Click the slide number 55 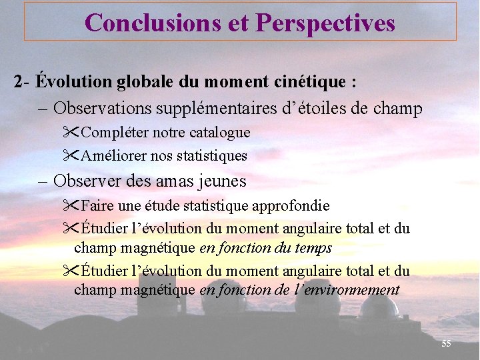point(446,343)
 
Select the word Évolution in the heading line point(74,82)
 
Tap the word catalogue point(221,133)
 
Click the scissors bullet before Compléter point(71,132)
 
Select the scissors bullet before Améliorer point(71,156)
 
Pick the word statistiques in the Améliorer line point(212,157)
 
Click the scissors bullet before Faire point(71,205)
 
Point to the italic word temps point(313,249)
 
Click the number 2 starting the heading point(18,82)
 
